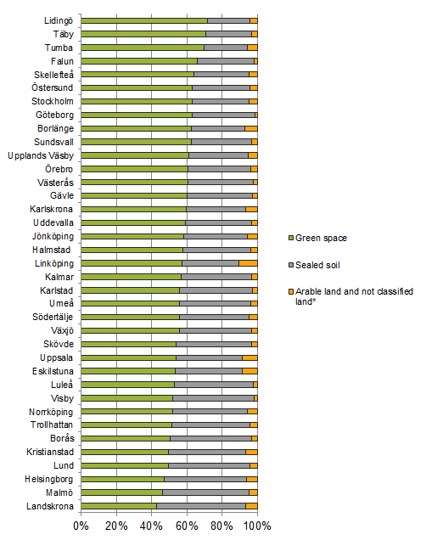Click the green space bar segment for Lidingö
pos(144,20)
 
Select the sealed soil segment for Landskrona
pos(201,506)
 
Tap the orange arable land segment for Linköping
pos(248,263)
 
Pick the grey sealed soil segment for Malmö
pos(205,492)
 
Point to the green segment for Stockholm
pos(137,101)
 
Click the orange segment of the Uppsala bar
pos(249,357)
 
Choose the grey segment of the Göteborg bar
pos(224,115)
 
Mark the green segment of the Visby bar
pos(127,398)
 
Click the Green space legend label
pos(321,238)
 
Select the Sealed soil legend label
pos(317,265)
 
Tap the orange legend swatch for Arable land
pos(291,292)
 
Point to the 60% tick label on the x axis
pos(187,526)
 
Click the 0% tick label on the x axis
pos(81,526)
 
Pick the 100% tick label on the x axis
pos(257,526)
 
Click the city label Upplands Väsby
pos(41,155)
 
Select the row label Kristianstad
pos(50,452)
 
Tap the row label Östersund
pos(53,87)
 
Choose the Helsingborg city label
pos(49,479)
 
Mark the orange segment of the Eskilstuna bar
pos(249,371)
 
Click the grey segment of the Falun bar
pos(226,61)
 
